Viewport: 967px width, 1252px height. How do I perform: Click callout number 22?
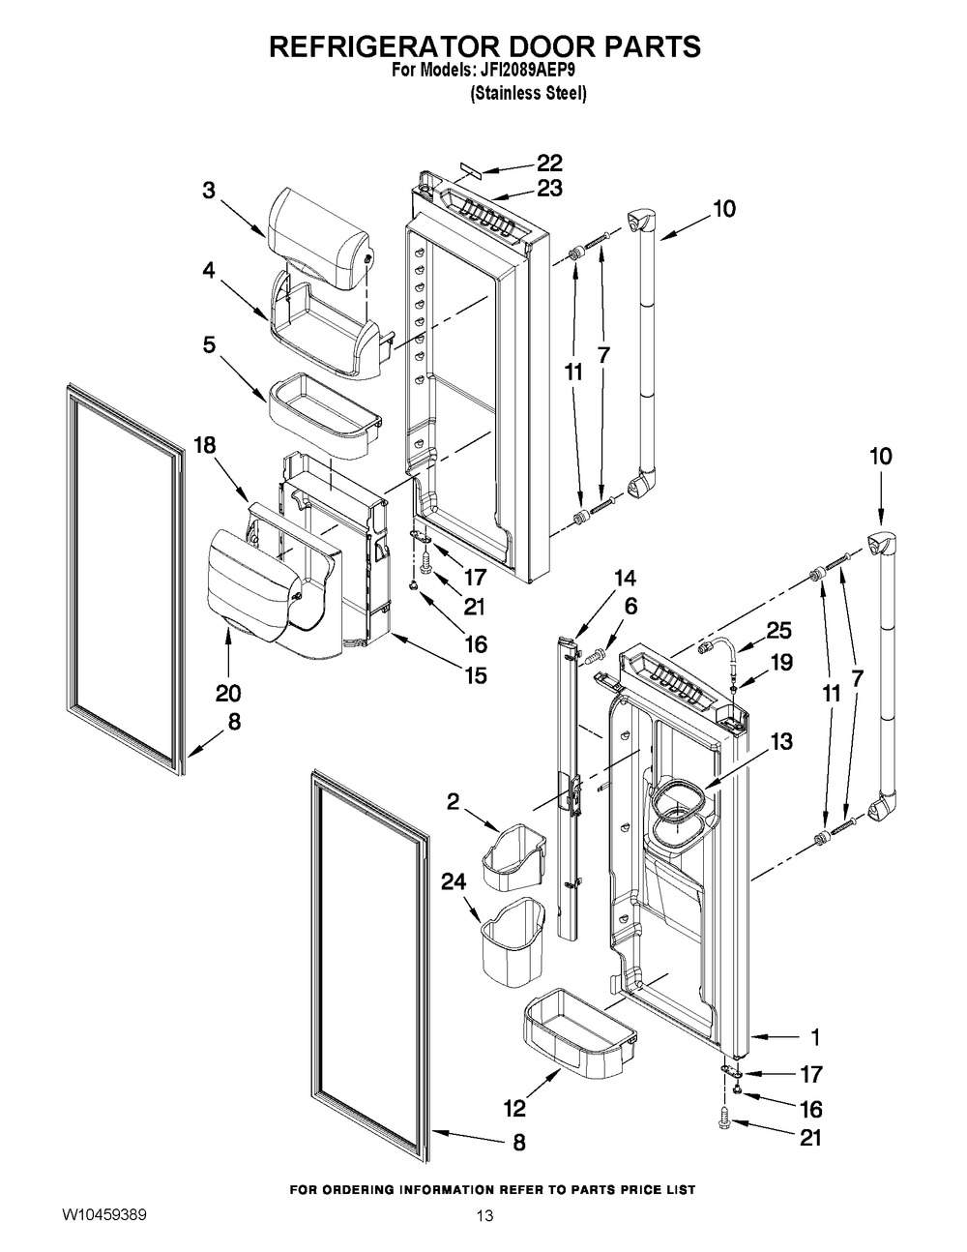tap(549, 164)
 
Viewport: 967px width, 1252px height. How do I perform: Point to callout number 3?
tap(210, 191)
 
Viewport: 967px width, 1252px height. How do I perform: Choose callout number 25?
tap(778, 630)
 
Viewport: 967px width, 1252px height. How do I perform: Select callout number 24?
tap(454, 881)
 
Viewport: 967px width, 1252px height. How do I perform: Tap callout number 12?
tap(514, 1108)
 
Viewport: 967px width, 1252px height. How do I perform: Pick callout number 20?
tap(228, 693)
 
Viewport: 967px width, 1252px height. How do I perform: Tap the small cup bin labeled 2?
tap(513, 855)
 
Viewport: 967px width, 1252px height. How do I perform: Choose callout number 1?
tap(814, 1036)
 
